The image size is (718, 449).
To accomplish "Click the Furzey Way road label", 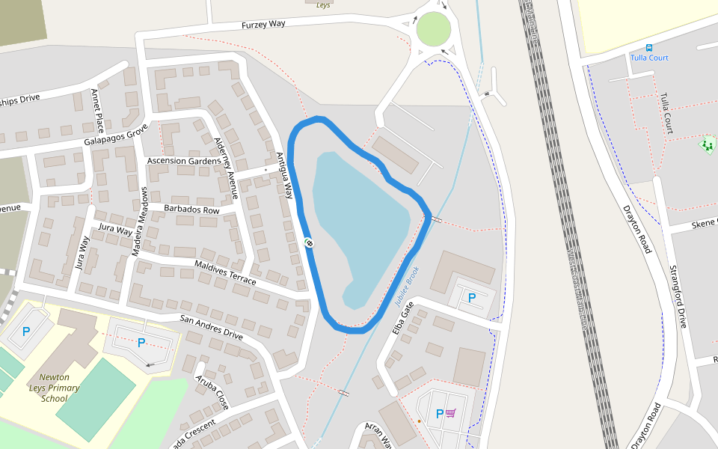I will tap(263, 24).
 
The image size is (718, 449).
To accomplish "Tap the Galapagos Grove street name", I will tap(116, 135).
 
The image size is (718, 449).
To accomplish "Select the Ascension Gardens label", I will tap(184, 161).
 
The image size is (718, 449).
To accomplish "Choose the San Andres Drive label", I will tap(211, 327).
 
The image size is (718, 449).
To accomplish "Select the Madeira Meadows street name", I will tap(141, 222).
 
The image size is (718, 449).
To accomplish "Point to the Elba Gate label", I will tap(402, 318).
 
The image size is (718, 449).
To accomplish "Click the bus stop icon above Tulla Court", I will tap(648, 47).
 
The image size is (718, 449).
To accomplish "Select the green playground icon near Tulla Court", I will tap(707, 144).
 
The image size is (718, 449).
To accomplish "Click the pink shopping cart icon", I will tap(451, 413).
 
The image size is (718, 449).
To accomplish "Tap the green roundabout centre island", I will tap(435, 28).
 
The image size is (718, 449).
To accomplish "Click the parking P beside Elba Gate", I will tap(472, 298).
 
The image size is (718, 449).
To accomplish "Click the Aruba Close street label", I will tap(213, 391).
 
